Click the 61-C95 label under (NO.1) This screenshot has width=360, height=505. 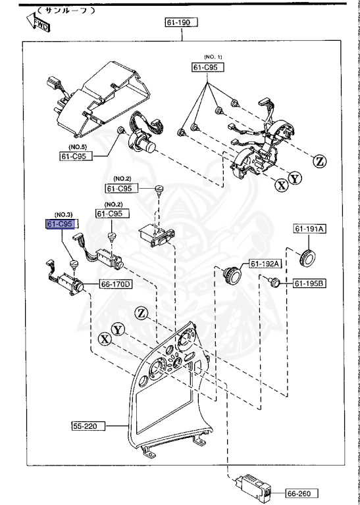(x=208, y=67)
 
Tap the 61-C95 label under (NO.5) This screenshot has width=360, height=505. (x=74, y=156)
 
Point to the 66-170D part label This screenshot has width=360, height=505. (x=116, y=285)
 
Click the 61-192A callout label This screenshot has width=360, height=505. (x=265, y=264)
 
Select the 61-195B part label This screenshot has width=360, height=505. (x=309, y=283)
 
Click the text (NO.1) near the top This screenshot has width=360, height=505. (x=213, y=58)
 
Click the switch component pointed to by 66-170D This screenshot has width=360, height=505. (x=67, y=283)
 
